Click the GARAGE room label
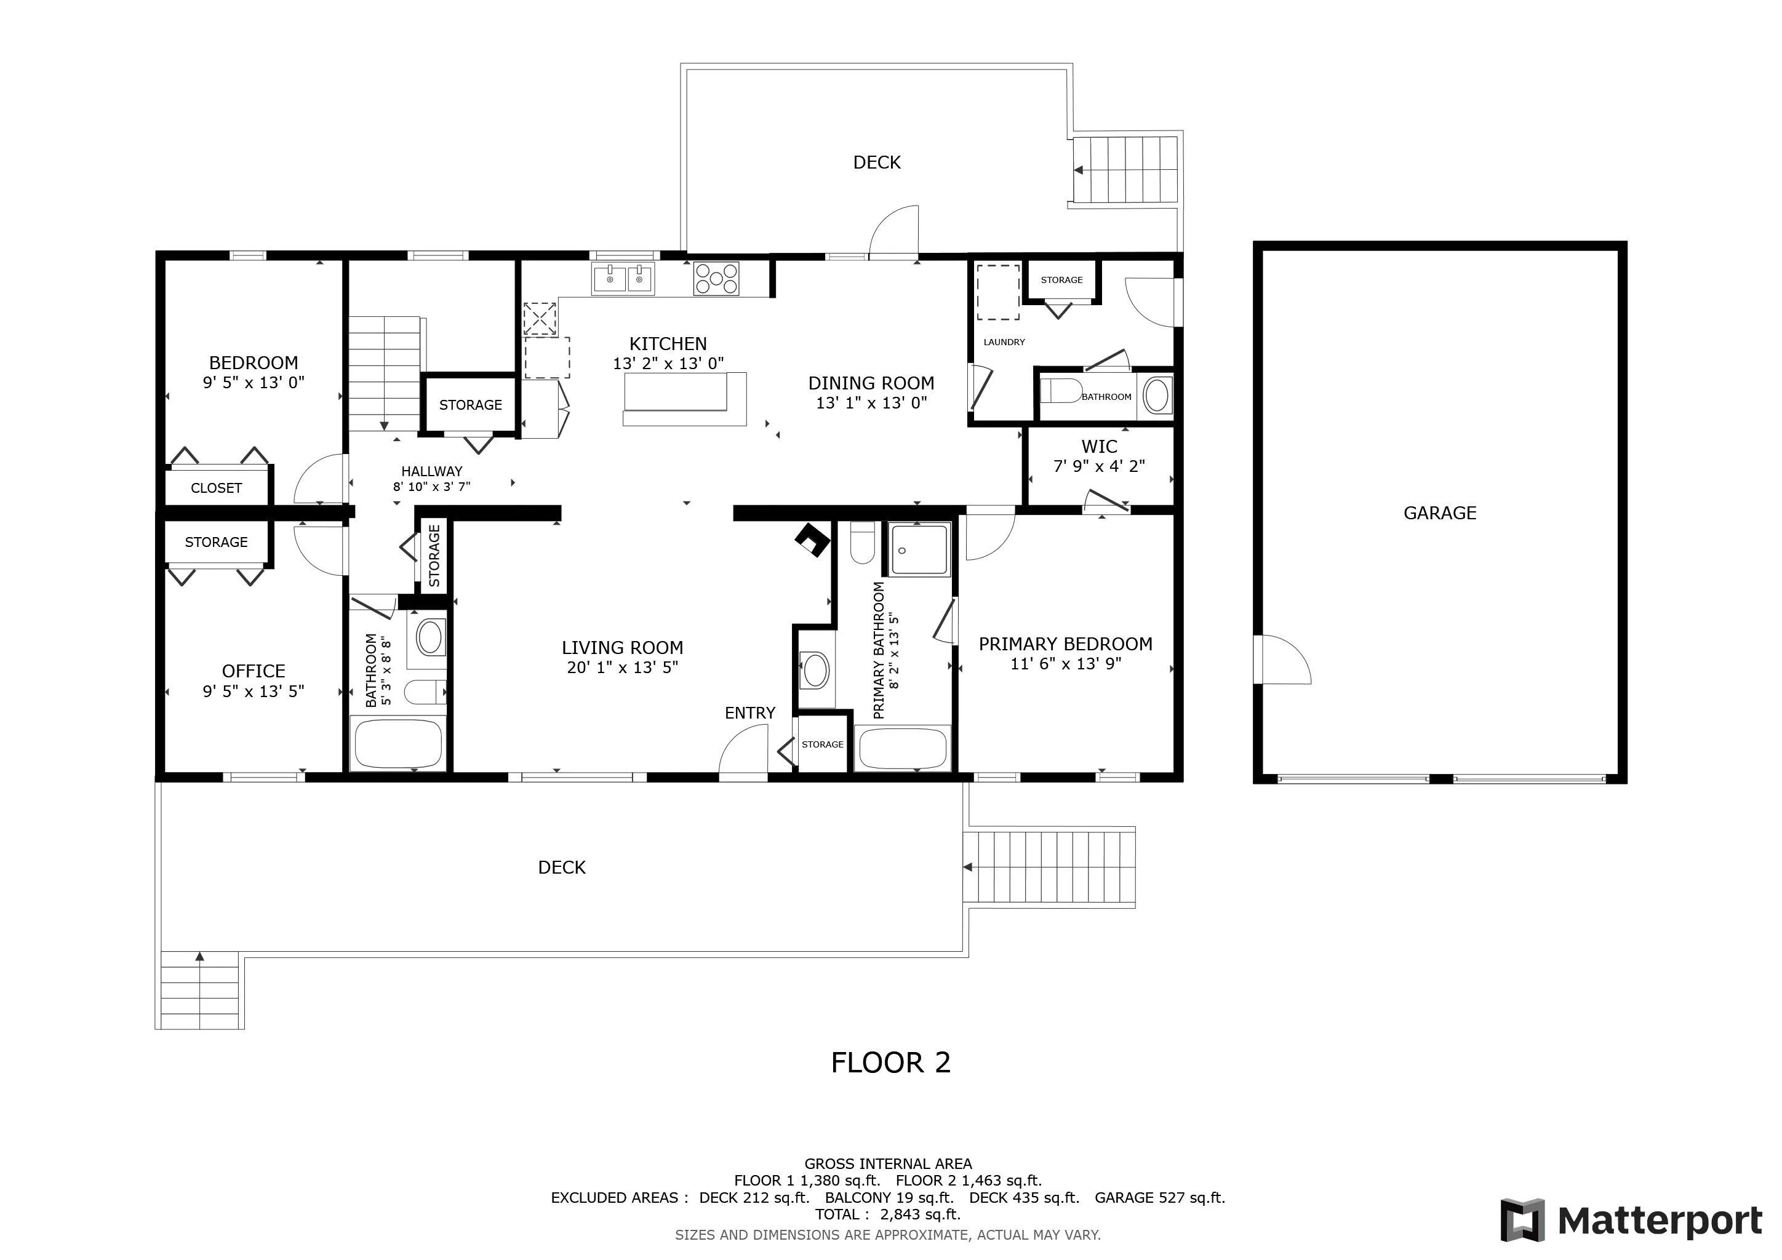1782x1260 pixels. click(x=1440, y=513)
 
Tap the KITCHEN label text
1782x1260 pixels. click(x=668, y=344)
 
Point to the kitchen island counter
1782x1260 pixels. click(x=684, y=399)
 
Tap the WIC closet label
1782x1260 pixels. click(x=1099, y=447)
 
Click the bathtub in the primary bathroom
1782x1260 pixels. click(x=902, y=748)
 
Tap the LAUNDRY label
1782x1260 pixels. click(x=1004, y=342)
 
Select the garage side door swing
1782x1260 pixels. click(x=1283, y=660)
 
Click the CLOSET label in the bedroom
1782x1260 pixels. click(x=217, y=488)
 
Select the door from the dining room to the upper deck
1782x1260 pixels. click(x=893, y=231)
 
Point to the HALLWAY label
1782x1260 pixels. click(x=431, y=471)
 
